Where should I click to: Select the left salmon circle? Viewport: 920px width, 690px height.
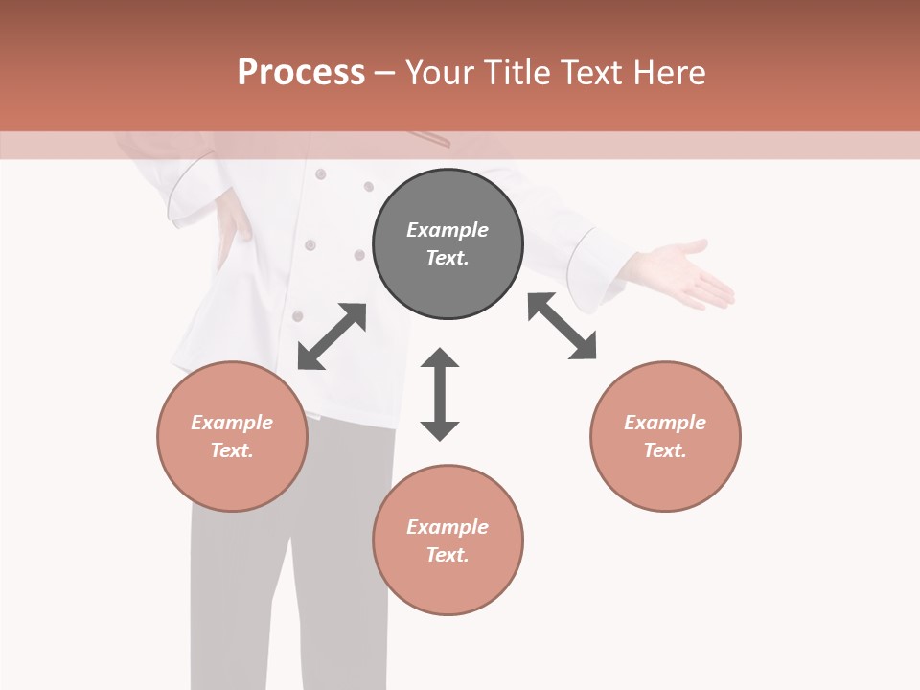(232, 436)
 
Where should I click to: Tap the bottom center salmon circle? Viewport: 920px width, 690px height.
(448, 540)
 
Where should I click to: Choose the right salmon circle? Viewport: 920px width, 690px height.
(665, 436)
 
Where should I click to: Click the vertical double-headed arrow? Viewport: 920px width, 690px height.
(440, 394)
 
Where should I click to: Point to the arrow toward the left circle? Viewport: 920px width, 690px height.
(332, 336)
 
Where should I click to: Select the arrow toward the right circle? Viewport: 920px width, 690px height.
(562, 326)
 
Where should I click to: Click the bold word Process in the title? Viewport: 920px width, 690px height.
(301, 72)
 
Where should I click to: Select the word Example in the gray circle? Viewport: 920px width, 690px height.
(448, 230)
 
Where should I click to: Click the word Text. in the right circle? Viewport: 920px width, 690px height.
(665, 450)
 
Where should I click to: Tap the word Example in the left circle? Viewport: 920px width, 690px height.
(232, 423)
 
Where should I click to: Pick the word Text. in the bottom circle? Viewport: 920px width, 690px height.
(448, 555)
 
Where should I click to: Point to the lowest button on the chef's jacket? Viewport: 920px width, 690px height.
(298, 315)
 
